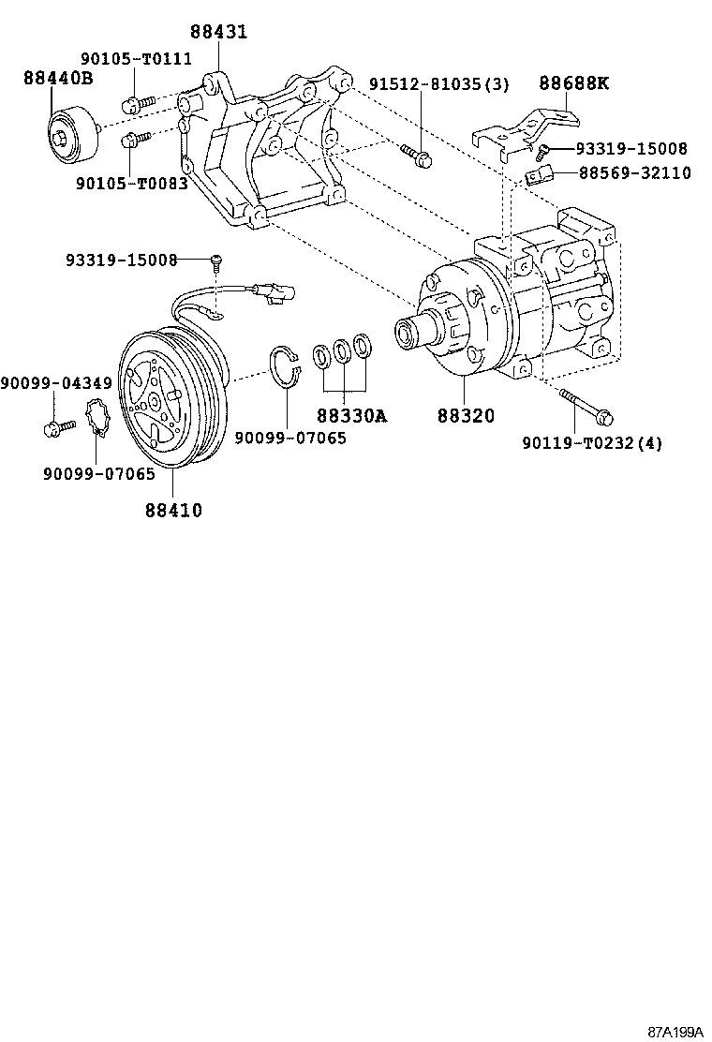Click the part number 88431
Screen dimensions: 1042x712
coord(219,32)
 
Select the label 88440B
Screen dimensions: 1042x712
coord(58,79)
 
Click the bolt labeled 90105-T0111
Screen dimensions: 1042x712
coord(133,104)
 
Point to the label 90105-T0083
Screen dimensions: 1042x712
coord(131,184)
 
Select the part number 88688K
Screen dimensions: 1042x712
coord(573,83)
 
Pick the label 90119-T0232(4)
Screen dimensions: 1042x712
coord(591,443)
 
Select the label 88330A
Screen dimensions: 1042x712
coord(350,415)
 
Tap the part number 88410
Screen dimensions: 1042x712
coord(173,510)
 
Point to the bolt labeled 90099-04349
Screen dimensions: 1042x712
coord(58,427)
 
